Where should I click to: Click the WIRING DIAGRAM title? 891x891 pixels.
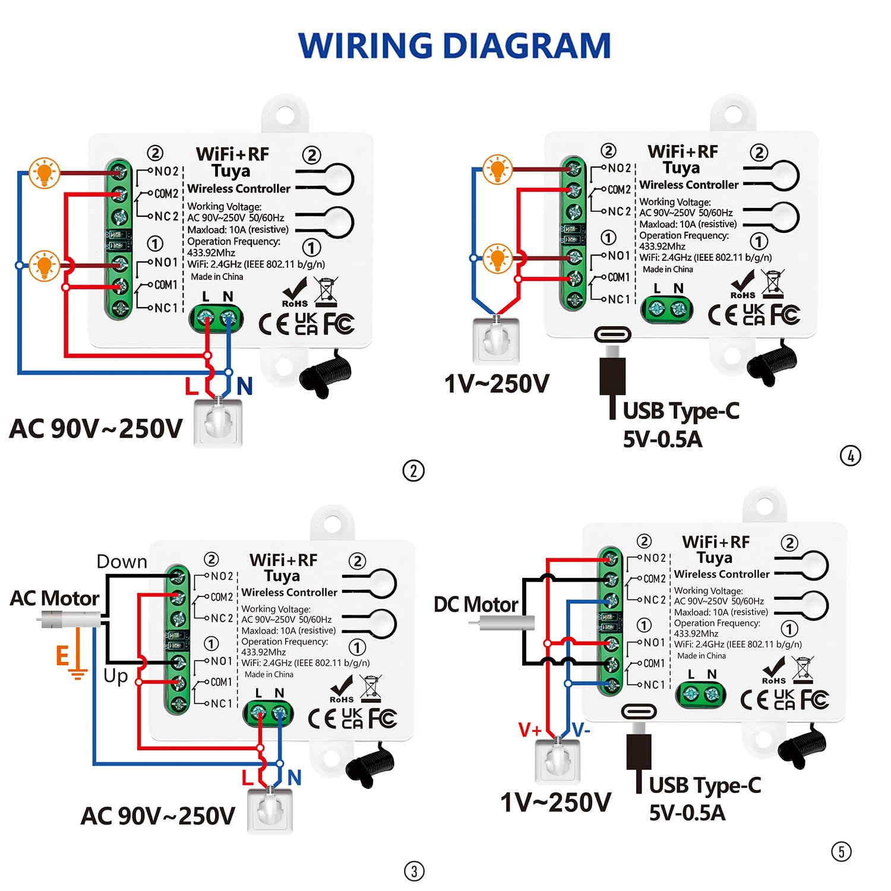454,46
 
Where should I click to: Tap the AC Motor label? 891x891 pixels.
55,598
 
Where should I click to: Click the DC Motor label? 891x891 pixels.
476,604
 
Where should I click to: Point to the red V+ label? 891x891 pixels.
529,729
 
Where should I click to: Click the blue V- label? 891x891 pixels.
581,729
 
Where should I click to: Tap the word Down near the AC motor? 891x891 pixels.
122,562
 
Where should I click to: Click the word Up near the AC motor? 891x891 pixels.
116,676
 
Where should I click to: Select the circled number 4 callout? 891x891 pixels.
851,456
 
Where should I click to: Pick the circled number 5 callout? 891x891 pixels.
841,852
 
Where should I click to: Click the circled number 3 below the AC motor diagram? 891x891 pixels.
414,871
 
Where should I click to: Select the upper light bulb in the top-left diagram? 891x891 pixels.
45,173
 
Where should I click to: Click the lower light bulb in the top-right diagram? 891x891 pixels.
497,258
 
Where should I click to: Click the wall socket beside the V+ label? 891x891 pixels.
557,761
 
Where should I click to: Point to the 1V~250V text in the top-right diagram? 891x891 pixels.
497,384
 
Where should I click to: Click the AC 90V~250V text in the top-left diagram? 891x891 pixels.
96,428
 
